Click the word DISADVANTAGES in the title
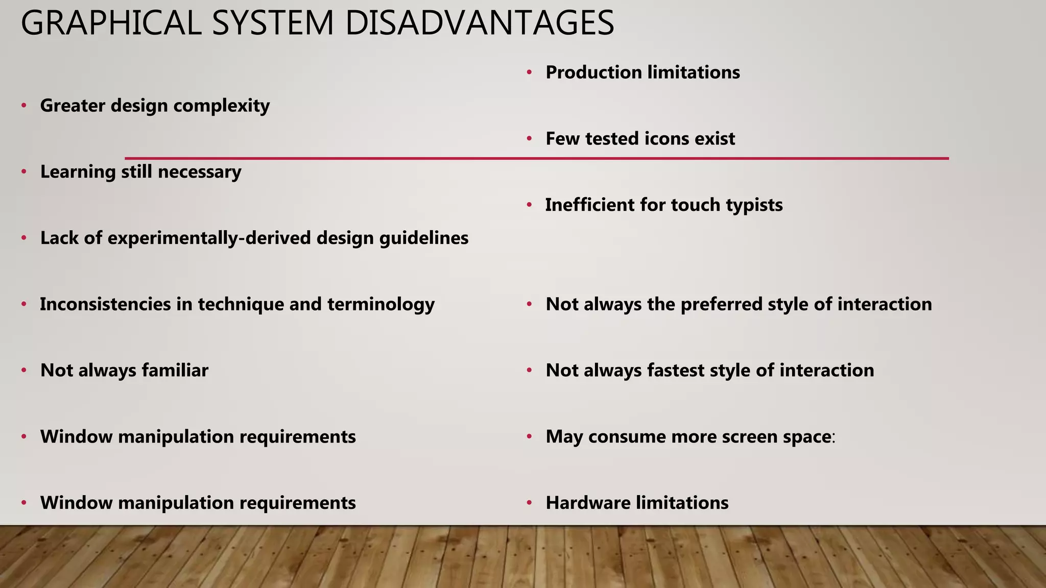tap(480, 23)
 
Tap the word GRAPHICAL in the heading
tap(111, 23)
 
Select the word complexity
tap(221, 106)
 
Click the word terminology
tap(381, 305)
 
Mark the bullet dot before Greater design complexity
tap(24, 106)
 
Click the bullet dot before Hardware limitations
tap(530, 503)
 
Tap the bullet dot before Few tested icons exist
tap(530, 139)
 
